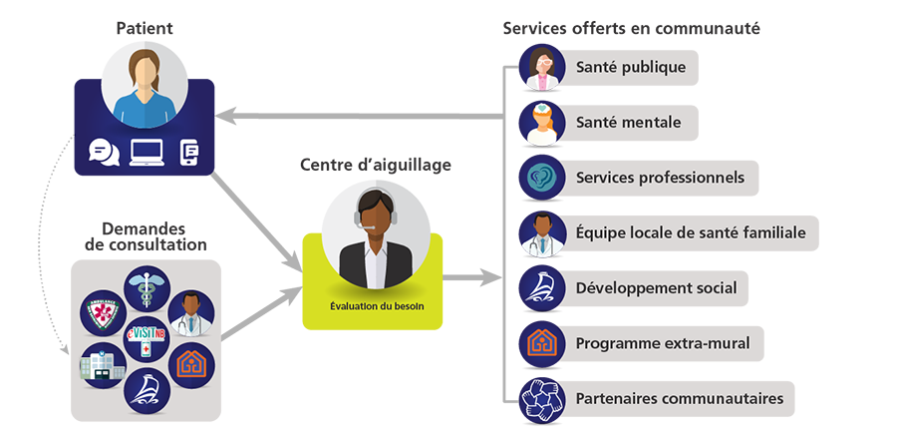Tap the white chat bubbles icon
tap(104, 152)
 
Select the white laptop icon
tap(147, 153)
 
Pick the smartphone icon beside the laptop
tap(189, 152)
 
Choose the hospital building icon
tap(102, 364)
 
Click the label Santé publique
tap(630, 67)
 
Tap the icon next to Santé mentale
tap(539, 123)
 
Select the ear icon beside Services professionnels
tap(539, 178)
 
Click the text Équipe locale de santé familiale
tap(690, 232)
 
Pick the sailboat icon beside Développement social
tap(539, 288)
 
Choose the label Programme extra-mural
tap(662, 343)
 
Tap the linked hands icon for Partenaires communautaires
tap(539, 399)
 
